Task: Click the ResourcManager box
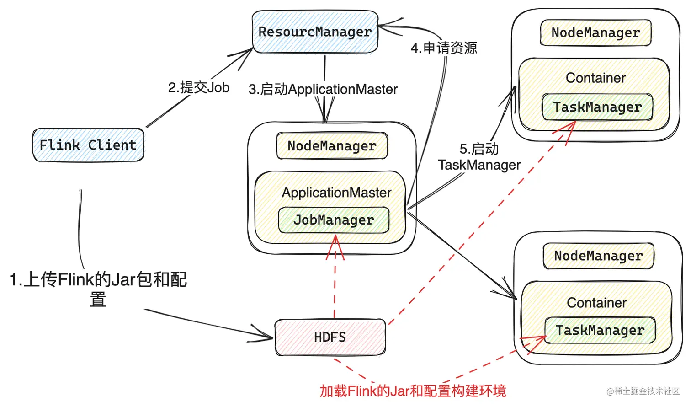coord(315,32)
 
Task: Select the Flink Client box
coord(88,145)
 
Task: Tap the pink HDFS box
coord(330,337)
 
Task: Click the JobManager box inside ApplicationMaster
coord(334,220)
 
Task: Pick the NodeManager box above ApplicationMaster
coord(332,146)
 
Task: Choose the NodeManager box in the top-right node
coord(595,32)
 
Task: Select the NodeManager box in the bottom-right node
coord(598,256)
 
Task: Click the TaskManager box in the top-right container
coord(597,107)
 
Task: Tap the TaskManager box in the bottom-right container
coord(600,330)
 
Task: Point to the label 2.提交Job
coord(199,87)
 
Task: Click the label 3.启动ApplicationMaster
coord(323,89)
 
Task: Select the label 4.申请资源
coord(444,48)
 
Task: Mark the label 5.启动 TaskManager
coord(479,157)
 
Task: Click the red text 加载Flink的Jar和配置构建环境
coord(413,391)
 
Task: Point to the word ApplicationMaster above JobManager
coord(336,193)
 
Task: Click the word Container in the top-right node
coord(595,78)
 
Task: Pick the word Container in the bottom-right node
coord(596,303)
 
